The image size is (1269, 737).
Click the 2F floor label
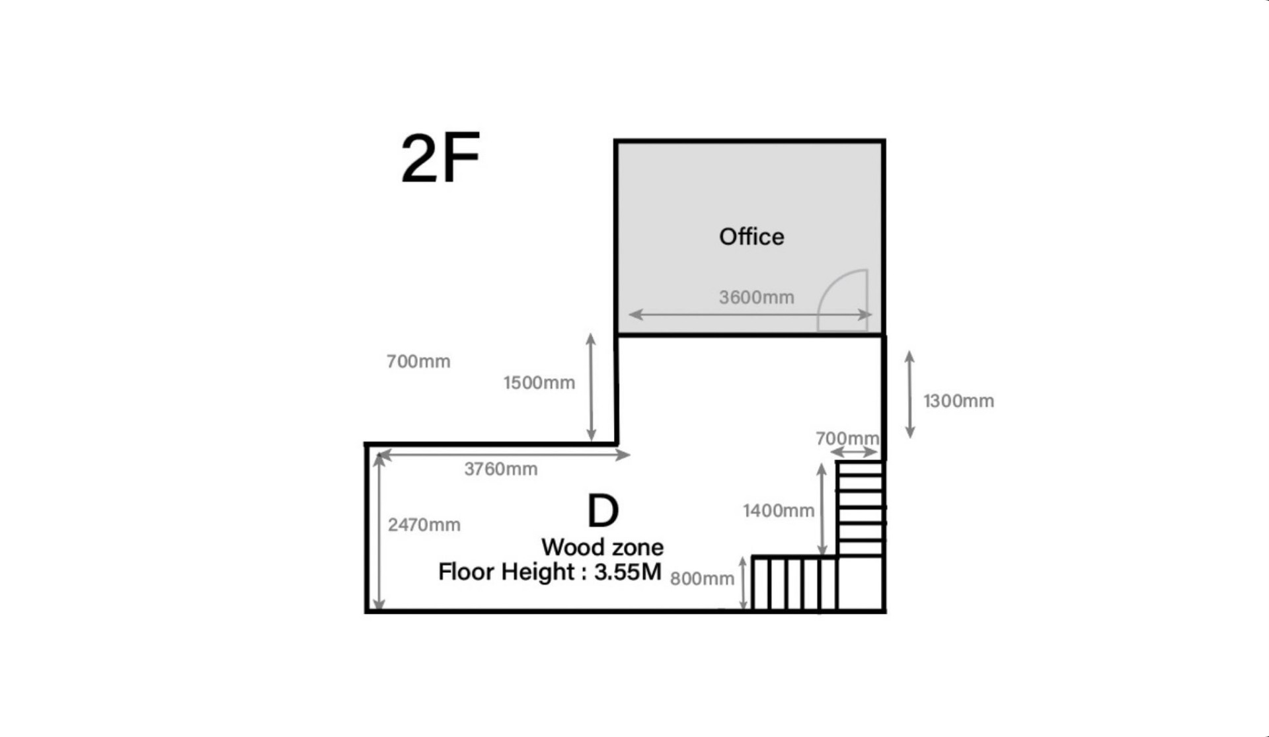coord(440,159)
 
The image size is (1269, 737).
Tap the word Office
coord(751,237)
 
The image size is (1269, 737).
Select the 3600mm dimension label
coord(756,297)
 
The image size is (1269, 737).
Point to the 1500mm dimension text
coord(539,383)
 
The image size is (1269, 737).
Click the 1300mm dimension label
coord(958,401)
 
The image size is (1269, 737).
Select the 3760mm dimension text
coord(500,469)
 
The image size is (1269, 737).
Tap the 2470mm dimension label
coord(424,525)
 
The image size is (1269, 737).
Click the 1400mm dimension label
coord(778,511)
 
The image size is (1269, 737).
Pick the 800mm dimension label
coord(701,579)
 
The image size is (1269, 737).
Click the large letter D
coord(603,511)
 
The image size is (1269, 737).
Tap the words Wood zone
coord(602,547)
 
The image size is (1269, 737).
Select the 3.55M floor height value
coord(627,572)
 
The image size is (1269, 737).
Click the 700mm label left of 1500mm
coord(418,362)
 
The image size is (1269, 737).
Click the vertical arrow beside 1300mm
coord(910,395)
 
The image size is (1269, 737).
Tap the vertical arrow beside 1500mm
coord(591,387)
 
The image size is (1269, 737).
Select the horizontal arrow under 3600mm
coord(750,315)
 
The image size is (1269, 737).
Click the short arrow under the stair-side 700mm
coord(853,452)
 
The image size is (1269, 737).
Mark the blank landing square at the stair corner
coord(860,584)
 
